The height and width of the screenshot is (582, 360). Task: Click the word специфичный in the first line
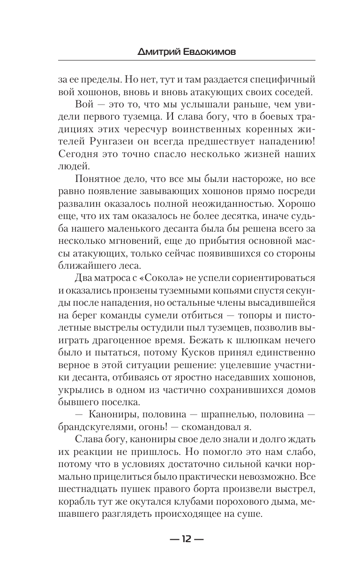277,79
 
